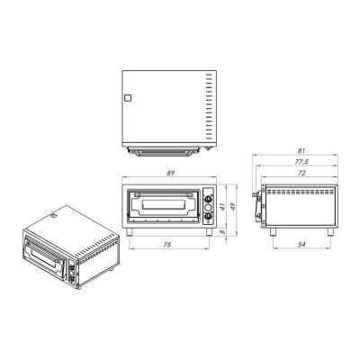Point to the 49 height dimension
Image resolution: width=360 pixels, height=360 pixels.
click(232, 205)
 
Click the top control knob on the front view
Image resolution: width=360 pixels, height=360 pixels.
click(209, 193)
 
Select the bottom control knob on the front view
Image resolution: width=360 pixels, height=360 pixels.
click(209, 214)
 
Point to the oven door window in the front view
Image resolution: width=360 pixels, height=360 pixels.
click(162, 204)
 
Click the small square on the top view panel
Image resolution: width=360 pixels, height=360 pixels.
click(127, 98)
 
